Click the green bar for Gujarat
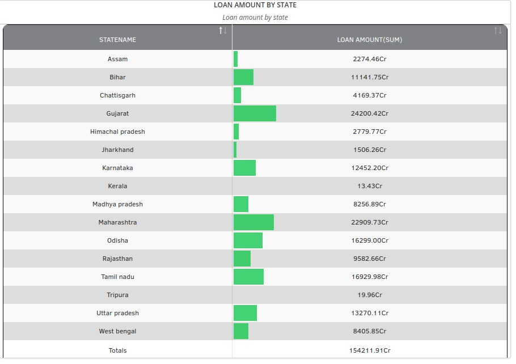coord(255,113)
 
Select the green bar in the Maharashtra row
coord(253,222)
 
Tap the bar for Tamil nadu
coord(248,277)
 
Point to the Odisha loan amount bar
coord(248,240)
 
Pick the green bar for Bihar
coord(243,77)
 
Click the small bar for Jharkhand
coord(235,150)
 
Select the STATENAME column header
coord(117,40)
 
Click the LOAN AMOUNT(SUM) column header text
coord(369,40)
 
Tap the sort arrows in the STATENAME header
coord(223,31)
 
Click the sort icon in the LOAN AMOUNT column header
coord(498,31)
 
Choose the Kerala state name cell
coord(117,186)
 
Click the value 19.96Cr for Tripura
coord(370,295)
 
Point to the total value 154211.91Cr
coord(370,350)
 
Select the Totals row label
coord(117,350)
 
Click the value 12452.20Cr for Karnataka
coord(370,168)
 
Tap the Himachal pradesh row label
coord(117,132)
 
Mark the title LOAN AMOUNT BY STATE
coord(255,5)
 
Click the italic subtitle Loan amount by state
coord(255,18)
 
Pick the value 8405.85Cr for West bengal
coord(370,331)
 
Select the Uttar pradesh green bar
coord(245,313)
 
